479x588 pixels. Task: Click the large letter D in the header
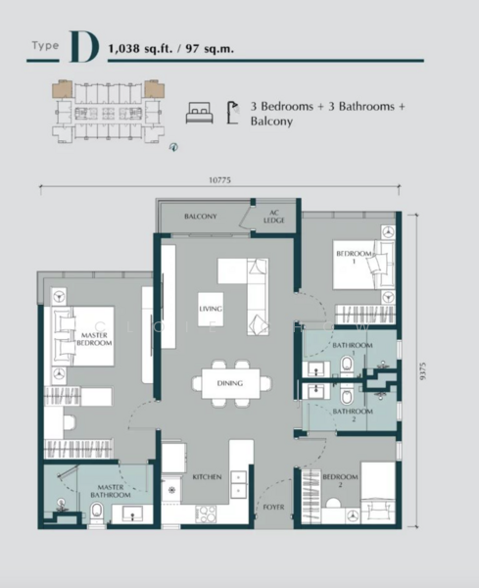(x=84, y=45)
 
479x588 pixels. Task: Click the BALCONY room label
(x=200, y=217)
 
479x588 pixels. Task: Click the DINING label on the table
(x=231, y=383)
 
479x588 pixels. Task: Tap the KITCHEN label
(x=207, y=477)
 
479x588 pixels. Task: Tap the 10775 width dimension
(x=221, y=179)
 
